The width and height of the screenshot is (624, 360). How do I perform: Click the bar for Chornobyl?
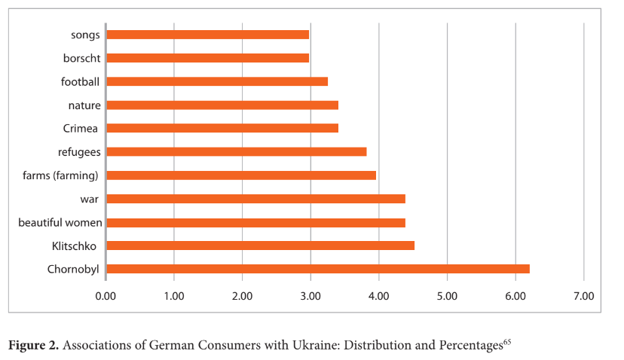(317, 269)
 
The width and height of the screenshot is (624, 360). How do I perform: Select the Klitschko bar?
(260, 246)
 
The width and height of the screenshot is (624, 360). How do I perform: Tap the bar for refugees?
(236, 151)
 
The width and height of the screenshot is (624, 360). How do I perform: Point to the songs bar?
(207, 35)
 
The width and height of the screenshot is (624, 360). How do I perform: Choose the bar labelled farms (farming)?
(240, 175)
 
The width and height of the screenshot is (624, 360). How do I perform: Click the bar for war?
(255, 199)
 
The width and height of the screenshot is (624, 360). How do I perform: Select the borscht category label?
(82, 58)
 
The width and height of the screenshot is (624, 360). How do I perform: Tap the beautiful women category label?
(60, 222)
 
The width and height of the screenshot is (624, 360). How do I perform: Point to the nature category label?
(84, 105)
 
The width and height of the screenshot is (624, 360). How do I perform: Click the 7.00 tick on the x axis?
(583, 295)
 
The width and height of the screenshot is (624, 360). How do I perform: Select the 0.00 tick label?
(106, 295)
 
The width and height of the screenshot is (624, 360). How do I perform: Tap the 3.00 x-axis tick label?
(310, 295)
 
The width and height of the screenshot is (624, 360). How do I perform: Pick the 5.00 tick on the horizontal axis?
(447, 295)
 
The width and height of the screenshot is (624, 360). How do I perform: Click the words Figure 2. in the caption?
(33, 346)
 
